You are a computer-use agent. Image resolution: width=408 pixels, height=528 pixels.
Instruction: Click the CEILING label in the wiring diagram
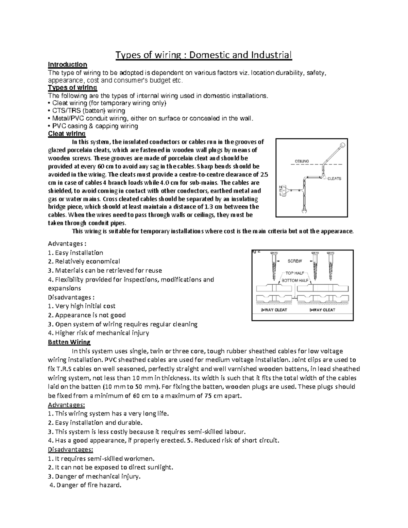tap(301, 161)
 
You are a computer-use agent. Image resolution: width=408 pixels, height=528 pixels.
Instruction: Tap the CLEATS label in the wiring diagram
tap(334, 178)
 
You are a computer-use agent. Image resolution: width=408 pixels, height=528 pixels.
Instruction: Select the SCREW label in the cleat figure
tap(294, 261)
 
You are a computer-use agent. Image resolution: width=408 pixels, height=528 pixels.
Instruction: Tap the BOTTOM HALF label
tap(295, 280)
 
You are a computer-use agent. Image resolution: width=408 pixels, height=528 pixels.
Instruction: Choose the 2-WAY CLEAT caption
tap(274, 310)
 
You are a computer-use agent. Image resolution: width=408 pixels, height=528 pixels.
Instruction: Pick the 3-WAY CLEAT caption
tap(322, 310)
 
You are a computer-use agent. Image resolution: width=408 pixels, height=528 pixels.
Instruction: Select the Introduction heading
tap(67, 65)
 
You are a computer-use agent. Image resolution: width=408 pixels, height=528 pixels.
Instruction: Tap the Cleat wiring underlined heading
tap(67, 134)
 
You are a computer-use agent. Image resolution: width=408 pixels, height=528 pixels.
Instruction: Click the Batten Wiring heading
tap(69, 342)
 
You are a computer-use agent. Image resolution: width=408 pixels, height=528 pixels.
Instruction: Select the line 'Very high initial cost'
tap(82, 306)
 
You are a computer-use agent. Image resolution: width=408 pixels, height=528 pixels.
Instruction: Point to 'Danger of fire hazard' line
tap(85, 485)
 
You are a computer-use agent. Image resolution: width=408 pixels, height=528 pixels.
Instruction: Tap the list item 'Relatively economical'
tap(84, 261)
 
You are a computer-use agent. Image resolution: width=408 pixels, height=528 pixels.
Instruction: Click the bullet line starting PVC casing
tap(94, 126)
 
